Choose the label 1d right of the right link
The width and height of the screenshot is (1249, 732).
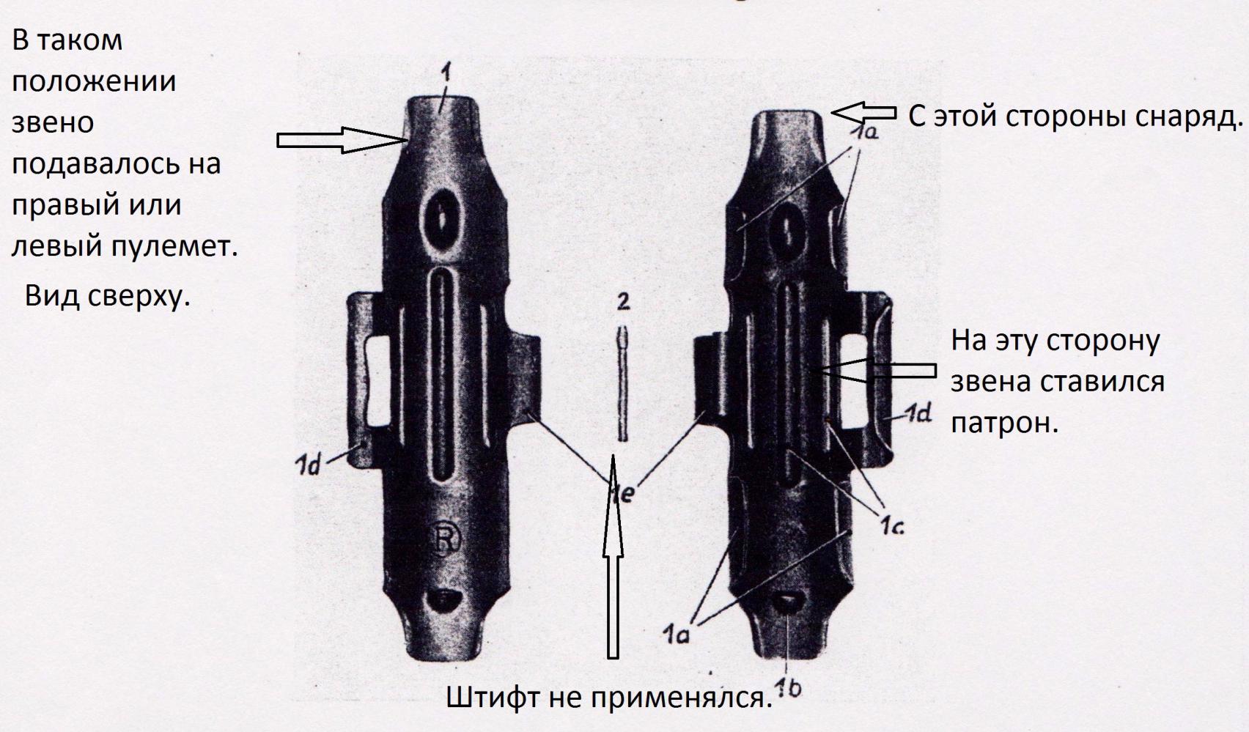[x=917, y=415]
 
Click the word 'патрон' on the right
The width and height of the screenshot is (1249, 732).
[x=1003, y=424]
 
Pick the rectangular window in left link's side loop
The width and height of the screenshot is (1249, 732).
[x=377, y=382]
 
